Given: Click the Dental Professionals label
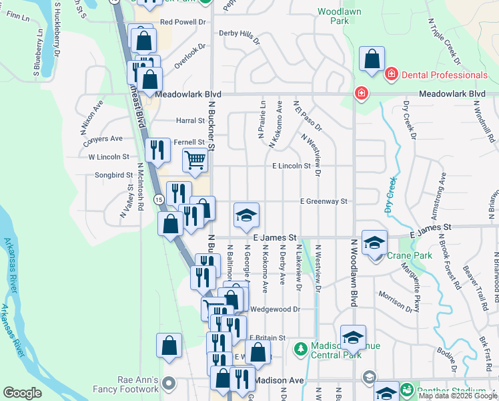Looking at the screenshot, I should (x=444, y=75).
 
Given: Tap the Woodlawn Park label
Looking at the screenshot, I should (x=334, y=17).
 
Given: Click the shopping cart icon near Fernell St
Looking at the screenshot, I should (x=195, y=160).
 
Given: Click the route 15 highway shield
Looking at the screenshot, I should (x=159, y=199).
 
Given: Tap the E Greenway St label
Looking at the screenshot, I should (x=324, y=201).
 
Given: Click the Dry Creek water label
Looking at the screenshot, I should (x=391, y=195).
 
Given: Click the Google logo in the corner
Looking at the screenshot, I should (x=22, y=393).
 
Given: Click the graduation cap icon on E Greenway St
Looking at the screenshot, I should (x=246, y=215).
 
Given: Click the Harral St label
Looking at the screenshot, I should (x=190, y=121).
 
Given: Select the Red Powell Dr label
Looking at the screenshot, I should (x=183, y=22).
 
